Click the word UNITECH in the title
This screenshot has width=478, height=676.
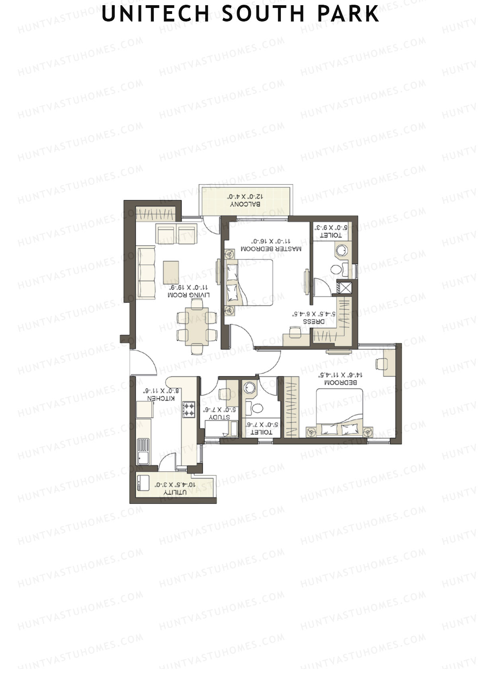tap(155, 14)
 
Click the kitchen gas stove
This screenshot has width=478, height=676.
tap(189, 410)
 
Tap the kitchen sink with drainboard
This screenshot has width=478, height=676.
tap(143, 451)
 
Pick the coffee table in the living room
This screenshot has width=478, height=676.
tap(171, 272)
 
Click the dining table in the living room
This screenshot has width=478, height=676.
tap(197, 327)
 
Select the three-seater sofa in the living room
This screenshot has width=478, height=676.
tap(146, 272)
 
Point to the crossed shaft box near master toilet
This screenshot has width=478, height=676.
tap(344, 288)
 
